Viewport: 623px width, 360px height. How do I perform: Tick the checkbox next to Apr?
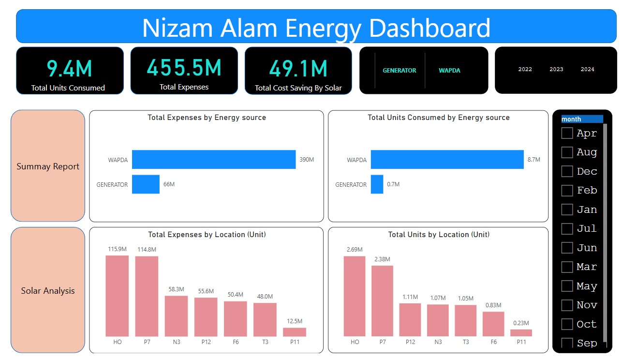tap(567, 133)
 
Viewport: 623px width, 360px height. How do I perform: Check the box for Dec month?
tap(567, 171)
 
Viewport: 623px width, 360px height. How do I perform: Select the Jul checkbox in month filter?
tap(567, 228)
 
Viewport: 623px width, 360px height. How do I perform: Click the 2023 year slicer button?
tap(556, 69)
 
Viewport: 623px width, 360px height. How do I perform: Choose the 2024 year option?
tap(587, 69)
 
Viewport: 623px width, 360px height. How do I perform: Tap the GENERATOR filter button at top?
tap(400, 71)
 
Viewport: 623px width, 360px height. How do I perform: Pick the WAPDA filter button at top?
tap(449, 71)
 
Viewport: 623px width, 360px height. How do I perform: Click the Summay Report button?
tap(48, 166)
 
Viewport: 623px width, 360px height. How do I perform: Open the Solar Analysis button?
tap(48, 290)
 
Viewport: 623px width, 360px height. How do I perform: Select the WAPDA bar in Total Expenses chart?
tap(213, 159)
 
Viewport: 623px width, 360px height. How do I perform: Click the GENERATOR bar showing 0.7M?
tap(377, 184)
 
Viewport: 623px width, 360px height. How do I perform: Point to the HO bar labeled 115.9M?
tap(117, 296)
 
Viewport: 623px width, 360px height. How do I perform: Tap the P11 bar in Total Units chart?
tap(521, 333)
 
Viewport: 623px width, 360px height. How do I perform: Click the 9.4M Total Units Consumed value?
tap(70, 68)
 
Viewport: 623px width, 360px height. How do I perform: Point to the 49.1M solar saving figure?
tap(298, 68)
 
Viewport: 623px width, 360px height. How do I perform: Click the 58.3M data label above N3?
tap(176, 289)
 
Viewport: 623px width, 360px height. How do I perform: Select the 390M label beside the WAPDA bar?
tap(307, 160)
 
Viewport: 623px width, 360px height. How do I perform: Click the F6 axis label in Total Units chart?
tap(493, 342)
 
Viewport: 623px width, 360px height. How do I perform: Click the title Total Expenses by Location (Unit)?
tap(207, 235)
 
